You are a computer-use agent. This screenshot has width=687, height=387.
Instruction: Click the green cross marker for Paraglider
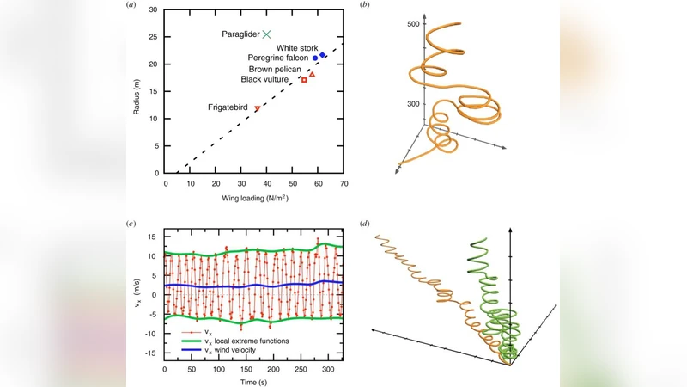tap(266, 34)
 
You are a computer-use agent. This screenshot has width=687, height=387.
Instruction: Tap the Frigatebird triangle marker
tap(257, 108)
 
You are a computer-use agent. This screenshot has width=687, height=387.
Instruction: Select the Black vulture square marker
tap(304, 80)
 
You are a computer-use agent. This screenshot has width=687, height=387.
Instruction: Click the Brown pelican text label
tap(277, 69)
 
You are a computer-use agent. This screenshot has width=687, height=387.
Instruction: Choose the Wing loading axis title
tap(254, 200)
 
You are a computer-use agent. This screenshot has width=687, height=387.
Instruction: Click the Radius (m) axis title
tap(138, 91)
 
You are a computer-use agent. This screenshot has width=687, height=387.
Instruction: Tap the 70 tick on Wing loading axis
tap(343, 184)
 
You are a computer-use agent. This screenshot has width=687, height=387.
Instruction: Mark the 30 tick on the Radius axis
tap(154, 10)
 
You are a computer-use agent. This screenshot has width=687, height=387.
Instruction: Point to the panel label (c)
tap(130, 224)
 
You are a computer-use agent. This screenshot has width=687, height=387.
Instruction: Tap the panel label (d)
tap(367, 224)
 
